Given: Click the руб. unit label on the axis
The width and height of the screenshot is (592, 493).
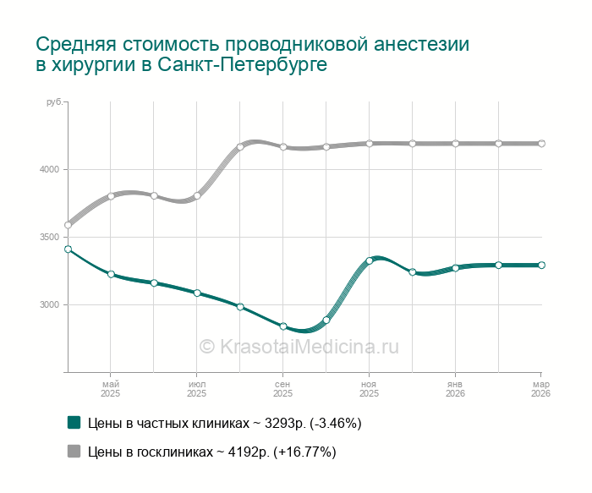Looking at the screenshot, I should [x=53, y=102].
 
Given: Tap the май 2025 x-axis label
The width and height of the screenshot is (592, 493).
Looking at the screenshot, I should [x=111, y=389].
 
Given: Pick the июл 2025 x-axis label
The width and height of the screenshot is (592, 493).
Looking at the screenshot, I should [x=197, y=389].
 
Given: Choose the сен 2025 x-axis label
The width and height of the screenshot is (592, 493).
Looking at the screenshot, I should [x=283, y=389].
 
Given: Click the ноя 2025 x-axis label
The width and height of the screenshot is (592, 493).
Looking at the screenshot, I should [x=369, y=389].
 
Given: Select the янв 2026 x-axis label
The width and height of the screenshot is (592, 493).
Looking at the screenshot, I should [x=455, y=389].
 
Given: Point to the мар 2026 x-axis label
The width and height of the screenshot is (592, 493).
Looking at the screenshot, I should [x=540, y=389].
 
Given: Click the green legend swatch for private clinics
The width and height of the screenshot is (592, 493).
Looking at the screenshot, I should [x=74, y=422].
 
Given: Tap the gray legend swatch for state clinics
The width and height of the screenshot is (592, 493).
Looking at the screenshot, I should [x=74, y=452].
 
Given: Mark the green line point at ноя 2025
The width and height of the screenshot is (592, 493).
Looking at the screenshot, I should [x=369, y=260].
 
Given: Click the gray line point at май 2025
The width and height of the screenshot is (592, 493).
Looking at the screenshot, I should [x=111, y=196].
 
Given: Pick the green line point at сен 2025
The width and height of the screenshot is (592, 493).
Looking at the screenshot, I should [x=283, y=326].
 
